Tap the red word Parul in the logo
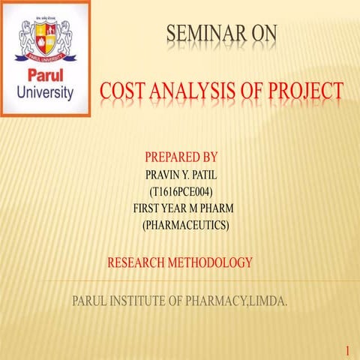click(x=45, y=77)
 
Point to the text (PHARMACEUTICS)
click(x=185, y=224)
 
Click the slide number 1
click(x=348, y=350)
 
